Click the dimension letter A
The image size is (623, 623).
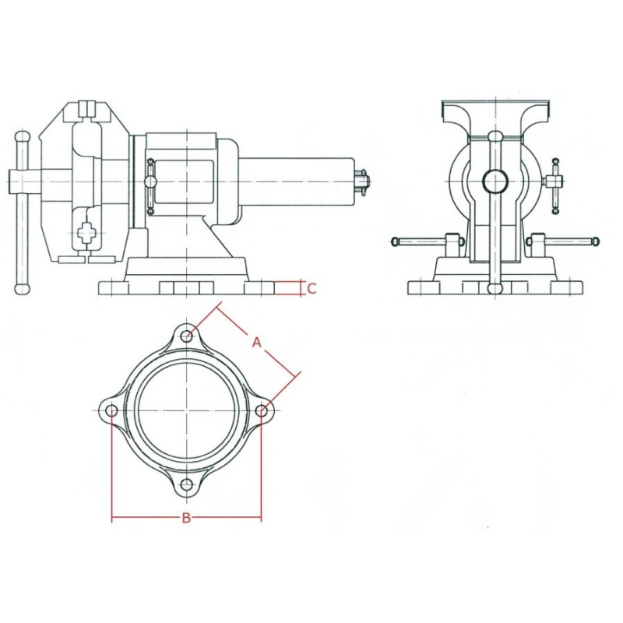(x=256, y=341)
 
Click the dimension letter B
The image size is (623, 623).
(x=186, y=519)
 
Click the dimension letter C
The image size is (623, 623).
(x=311, y=289)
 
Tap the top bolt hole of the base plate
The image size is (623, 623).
(x=187, y=336)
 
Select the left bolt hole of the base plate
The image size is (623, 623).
(x=111, y=410)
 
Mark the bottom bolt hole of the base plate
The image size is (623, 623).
(x=187, y=485)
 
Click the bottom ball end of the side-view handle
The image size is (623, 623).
(x=22, y=289)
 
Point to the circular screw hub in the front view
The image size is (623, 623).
(x=495, y=181)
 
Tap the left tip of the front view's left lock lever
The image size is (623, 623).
(x=395, y=241)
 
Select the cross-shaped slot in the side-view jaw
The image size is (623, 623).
(x=88, y=232)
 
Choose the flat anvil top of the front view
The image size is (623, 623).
(x=495, y=104)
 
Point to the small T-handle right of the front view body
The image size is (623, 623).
(x=555, y=184)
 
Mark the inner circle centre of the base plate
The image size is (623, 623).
(x=187, y=410)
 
